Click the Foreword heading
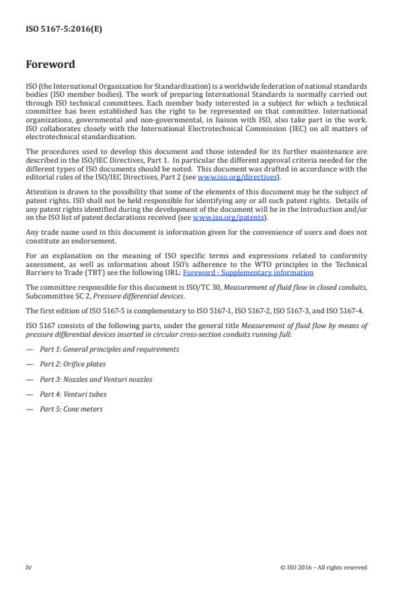(50, 65)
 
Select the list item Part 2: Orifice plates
(70, 364)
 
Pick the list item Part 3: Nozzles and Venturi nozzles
(95, 379)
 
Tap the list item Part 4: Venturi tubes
(73, 394)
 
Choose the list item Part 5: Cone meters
(71, 409)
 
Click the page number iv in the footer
(29, 567)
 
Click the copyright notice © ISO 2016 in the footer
(324, 567)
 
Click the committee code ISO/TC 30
(178, 287)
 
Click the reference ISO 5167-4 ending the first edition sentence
(352, 310)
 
